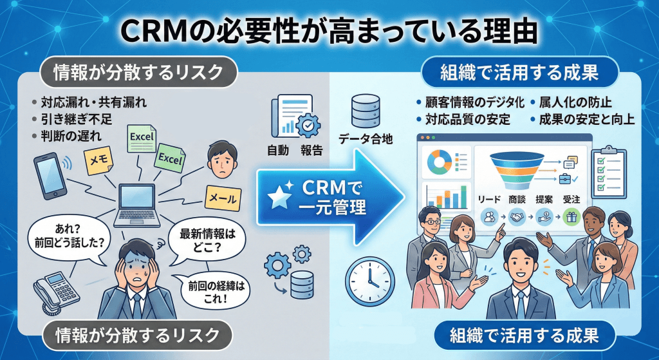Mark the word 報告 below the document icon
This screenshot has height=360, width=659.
311,150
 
